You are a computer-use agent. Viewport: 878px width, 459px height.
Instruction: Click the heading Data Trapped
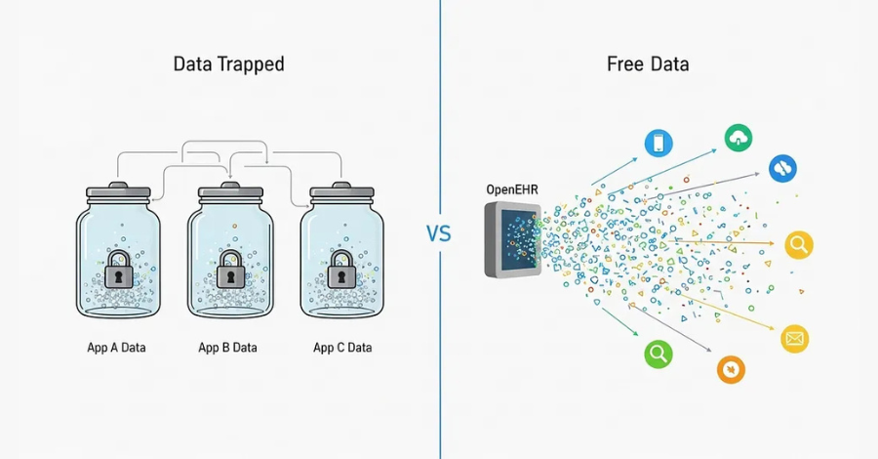point(228,64)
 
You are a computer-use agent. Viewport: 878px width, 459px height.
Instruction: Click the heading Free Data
point(647,64)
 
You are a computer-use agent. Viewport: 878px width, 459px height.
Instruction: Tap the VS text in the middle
point(439,234)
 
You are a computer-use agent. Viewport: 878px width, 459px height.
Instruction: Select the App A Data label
point(115,347)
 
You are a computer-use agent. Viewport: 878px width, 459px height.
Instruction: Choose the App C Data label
point(342,347)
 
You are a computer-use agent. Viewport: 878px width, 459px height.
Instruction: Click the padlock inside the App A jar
point(118,269)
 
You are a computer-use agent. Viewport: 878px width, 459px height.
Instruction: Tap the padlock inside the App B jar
point(230,269)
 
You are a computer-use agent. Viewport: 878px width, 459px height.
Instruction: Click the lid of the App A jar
point(117,192)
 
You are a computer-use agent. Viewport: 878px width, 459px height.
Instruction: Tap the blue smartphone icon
point(658,144)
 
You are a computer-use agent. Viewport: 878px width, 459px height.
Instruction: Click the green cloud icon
point(738,138)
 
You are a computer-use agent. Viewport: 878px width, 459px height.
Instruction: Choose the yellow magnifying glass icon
point(799,245)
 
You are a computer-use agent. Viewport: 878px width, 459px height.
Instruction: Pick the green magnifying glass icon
point(658,354)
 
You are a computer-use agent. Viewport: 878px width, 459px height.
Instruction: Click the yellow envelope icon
point(795,339)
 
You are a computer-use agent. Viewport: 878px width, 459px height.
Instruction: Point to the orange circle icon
point(731,369)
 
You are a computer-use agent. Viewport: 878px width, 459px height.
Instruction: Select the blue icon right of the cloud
point(782,168)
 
